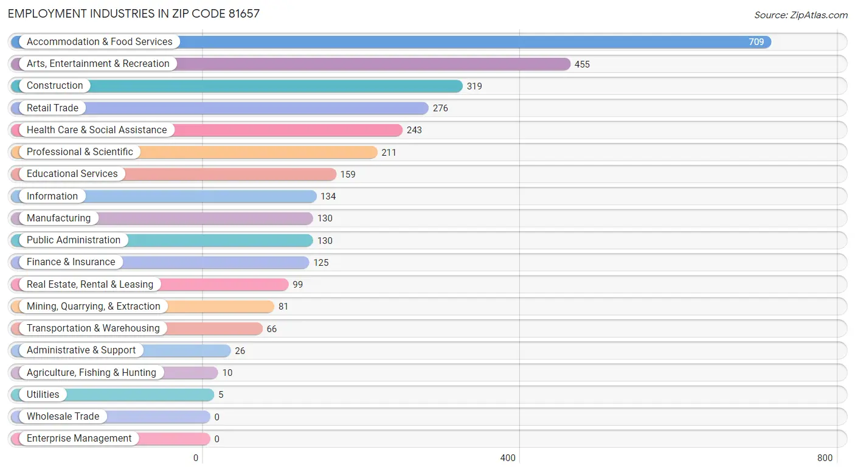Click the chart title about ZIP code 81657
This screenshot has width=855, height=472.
click(x=134, y=13)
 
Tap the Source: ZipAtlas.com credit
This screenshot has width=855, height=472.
click(x=800, y=15)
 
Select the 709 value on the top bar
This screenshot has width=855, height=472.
click(x=756, y=42)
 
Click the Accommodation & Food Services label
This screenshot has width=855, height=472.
click(x=99, y=42)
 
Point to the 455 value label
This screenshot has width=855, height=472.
click(x=582, y=64)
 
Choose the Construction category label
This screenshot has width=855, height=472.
click(x=55, y=86)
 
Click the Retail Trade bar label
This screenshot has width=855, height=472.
click(x=52, y=108)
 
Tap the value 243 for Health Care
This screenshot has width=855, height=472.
click(x=414, y=130)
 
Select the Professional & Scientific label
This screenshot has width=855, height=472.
click(x=80, y=152)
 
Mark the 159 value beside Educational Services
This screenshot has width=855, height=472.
click(x=348, y=175)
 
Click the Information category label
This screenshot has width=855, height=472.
click(x=52, y=196)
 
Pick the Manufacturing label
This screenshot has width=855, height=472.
click(x=58, y=218)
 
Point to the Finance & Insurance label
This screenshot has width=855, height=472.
click(x=71, y=262)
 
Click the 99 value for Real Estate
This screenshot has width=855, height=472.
click(x=297, y=285)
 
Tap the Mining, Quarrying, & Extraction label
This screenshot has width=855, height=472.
click(x=93, y=307)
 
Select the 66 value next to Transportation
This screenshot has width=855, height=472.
click(x=271, y=329)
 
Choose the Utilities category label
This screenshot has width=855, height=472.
click(x=43, y=395)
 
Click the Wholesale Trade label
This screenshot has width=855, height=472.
click(x=63, y=417)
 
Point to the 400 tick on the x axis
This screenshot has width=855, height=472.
click(x=508, y=458)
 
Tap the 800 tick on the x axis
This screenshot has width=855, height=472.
click(x=825, y=458)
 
